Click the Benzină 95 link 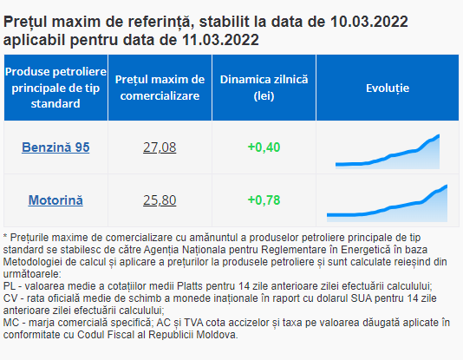click(x=55, y=147)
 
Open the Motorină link click(x=55, y=200)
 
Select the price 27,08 click(x=160, y=147)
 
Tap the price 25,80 click(x=160, y=200)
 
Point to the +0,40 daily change click(x=264, y=147)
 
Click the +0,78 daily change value click(x=264, y=200)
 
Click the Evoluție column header click(x=388, y=88)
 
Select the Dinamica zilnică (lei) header click(x=264, y=88)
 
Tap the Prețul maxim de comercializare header click(x=160, y=88)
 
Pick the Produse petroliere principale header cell click(x=55, y=88)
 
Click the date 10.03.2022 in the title click(x=369, y=22)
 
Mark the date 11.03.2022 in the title click(x=220, y=40)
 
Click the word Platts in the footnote click(x=190, y=286)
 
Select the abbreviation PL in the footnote click(x=10, y=286)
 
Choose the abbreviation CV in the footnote click(x=10, y=298)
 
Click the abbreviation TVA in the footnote click(x=193, y=323)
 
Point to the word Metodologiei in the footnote click(x=31, y=262)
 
